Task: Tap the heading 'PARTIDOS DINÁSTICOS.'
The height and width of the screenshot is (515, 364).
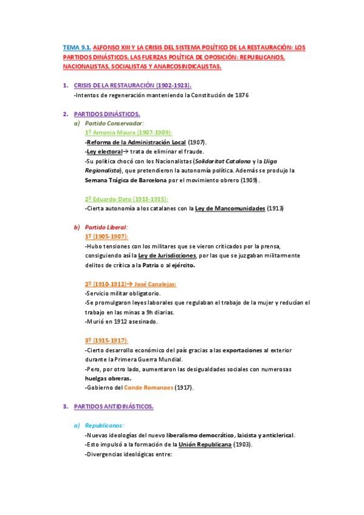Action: pos(107,114)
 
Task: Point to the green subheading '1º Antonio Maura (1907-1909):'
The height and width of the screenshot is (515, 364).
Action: pos(128,132)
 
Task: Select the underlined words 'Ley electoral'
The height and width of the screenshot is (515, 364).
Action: pos(104,151)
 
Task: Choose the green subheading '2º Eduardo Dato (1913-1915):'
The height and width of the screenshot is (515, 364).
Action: pos(126,199)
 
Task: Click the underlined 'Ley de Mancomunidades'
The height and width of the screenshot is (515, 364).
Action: pos(230,208)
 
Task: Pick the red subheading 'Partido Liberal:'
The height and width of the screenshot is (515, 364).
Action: pos(106,227)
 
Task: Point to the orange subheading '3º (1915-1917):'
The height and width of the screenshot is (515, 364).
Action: pos(106,340)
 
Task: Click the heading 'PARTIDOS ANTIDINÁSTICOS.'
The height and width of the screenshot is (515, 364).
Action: pos(114,406)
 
